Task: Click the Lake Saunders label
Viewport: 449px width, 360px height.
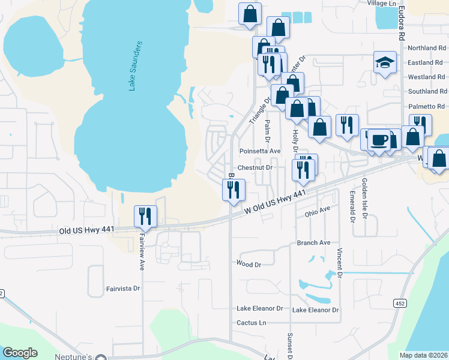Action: click(x=134, y=66)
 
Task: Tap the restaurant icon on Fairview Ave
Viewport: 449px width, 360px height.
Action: click(x=145, y=217)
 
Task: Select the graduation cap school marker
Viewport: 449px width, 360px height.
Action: click(x=384, y=62)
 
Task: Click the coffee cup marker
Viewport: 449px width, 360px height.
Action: click(x=379, y=140)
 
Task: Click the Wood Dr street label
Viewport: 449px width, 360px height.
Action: click(x=249, y=264)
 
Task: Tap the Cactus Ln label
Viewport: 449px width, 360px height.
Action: click(x=252, y=323)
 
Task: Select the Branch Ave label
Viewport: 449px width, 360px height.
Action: click(x=313, y=242)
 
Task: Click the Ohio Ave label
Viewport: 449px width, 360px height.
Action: click(x=318, y=211)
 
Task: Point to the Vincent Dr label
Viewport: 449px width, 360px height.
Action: click(x=339, y=263)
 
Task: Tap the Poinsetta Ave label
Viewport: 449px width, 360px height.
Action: click(x=259, y=151)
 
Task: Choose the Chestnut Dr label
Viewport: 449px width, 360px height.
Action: click(x=255, y=168)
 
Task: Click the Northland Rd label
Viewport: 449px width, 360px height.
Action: click(x=427, y=48)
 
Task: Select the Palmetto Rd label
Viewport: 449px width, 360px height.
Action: click(x=427, y=106)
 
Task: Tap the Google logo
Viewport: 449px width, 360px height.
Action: click(x=20, y=353)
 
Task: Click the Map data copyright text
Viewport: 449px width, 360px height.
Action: click(x=423, y=355)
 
